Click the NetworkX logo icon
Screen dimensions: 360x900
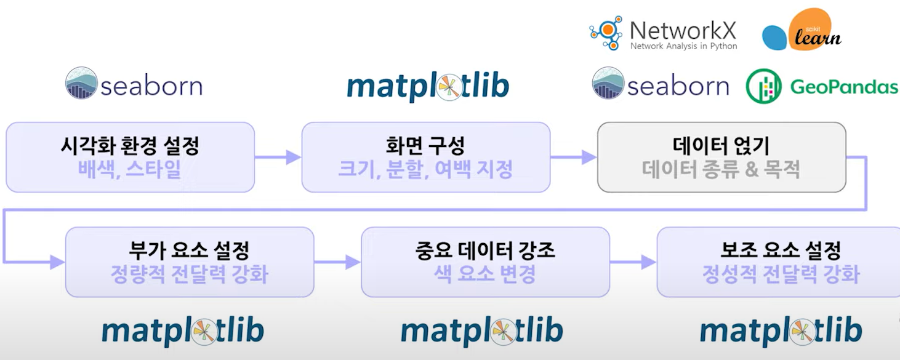[x=606, y=33]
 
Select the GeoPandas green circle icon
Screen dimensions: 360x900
[x=763, y=86]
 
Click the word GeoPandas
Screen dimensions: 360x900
[x=844, y=87]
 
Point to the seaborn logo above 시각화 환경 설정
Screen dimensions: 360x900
[x=134, y=84]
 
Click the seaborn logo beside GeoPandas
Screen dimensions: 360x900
[x=661, y=84]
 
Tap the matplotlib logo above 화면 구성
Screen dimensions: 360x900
[x=428, y=87]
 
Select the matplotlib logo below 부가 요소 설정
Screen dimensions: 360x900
[x=183, y=330]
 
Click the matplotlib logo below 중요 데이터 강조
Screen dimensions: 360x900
[x=482, y=330]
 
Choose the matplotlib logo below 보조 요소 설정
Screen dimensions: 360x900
[x=781, y=330]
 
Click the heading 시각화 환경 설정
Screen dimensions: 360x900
[x=130, y=146]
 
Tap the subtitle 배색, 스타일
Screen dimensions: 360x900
[x=130, y=168]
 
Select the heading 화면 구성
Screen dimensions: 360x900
[x=425, y=146]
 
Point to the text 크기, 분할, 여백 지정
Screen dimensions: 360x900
[x=425, y=168]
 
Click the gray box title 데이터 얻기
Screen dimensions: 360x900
[x=721, y=146]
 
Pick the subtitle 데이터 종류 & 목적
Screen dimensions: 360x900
[x=721, y=169]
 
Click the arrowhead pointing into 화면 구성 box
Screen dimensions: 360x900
[x=294, y=158]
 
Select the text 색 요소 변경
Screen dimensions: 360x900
[x=485, y=274]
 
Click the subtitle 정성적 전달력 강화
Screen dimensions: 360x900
[x=781, y=274]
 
